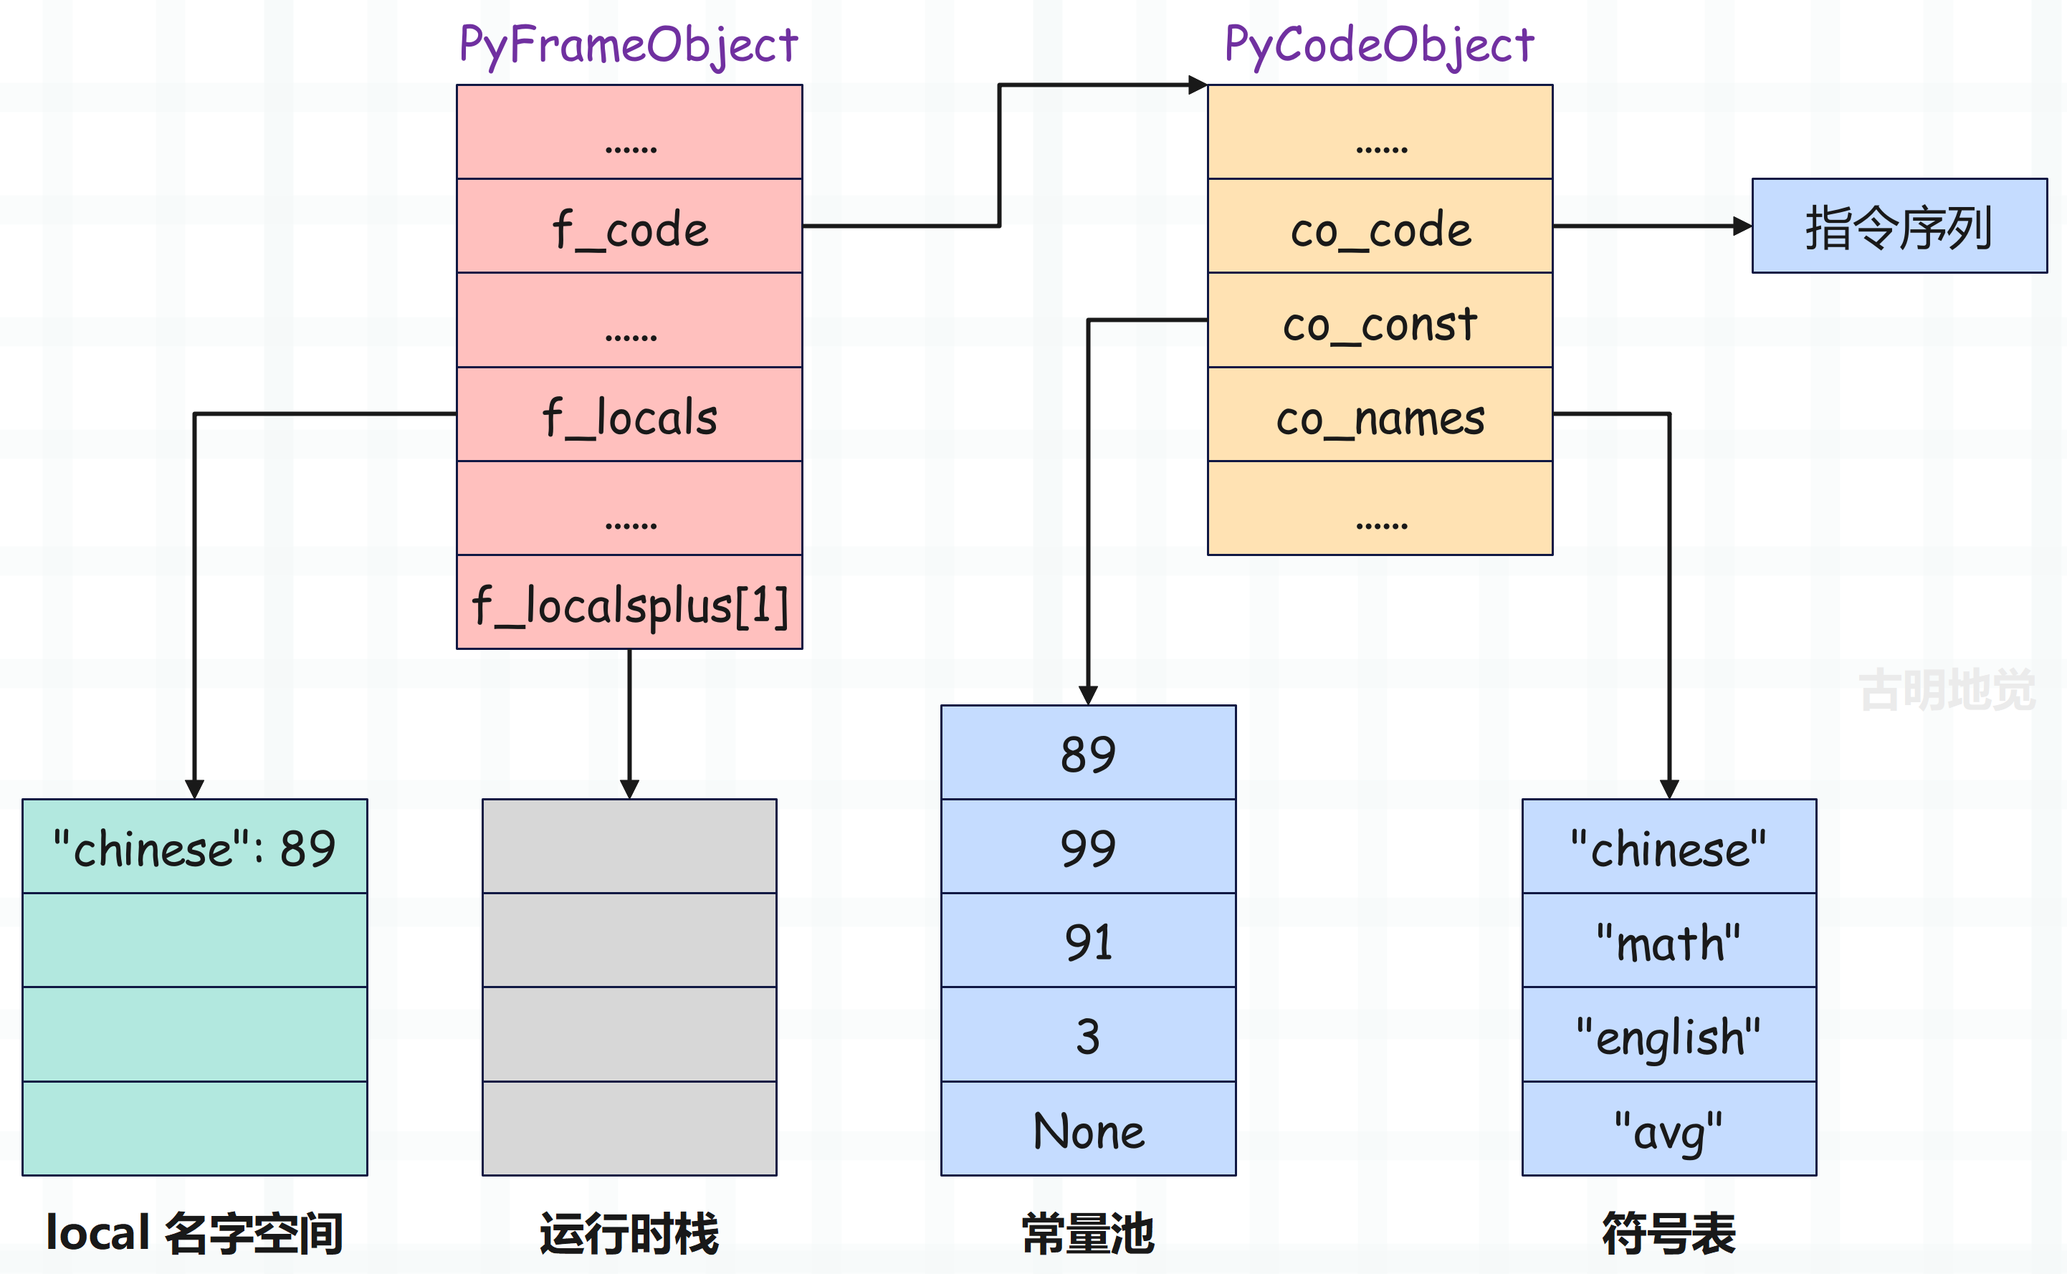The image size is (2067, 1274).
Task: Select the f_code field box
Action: click(x=629, y=226)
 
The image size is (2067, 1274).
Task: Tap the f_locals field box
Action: click(x=629, y=413)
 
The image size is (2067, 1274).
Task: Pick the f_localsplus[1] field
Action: click(x=629, y=602)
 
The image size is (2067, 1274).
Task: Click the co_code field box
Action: click(x=1380, y=226)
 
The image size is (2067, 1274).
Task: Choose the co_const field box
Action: click(x=1380, y=320)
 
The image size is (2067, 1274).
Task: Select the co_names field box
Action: click(x=1380, y=413)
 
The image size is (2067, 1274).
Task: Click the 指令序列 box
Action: click(x=1899, y=226)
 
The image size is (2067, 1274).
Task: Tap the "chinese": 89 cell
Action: click(x=195, y=846)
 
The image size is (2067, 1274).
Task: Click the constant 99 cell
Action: click(x=1088, y=846)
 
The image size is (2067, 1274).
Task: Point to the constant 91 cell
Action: click(x=1088, y=940)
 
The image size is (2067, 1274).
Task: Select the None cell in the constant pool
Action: click(x=1088, y=1129)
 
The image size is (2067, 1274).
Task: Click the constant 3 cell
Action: click(x=1088, y=1035)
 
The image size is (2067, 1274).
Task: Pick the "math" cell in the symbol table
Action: click(x=1669, y=940)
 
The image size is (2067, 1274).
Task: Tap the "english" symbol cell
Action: click(x=1669, y=1035)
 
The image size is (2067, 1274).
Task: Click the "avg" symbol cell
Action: click(x=1669, y=1129)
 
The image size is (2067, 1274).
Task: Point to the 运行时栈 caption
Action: click(x=629, y=1234)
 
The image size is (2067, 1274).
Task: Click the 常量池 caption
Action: click(x=1088, y=1234)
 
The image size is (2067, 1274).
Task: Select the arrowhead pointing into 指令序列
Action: click(x=1742, y=226)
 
